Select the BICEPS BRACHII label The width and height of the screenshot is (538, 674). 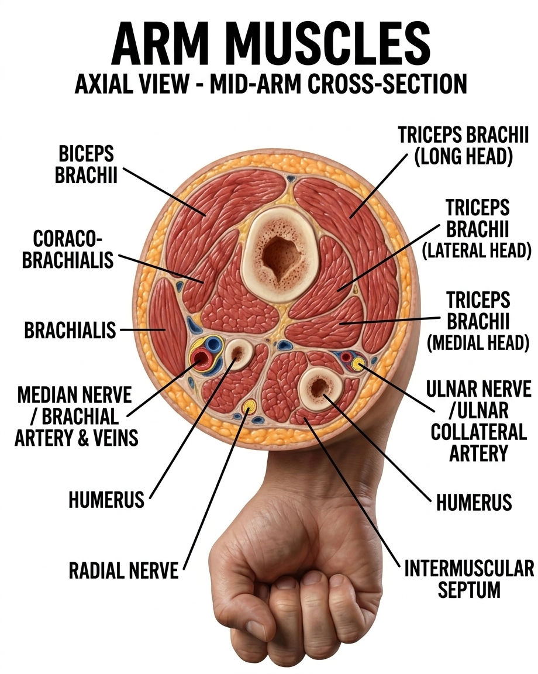(86, 164)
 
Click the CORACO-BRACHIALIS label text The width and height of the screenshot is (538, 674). (68, 249)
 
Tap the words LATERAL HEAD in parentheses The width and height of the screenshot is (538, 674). (477, 250)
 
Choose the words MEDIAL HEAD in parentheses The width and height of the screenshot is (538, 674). (478, 343)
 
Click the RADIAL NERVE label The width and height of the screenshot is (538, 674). (123, 571)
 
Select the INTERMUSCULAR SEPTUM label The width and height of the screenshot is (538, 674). (469, 579)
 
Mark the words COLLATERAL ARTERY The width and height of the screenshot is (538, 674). (478, 442)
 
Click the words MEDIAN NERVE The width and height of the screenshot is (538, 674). (74, 394)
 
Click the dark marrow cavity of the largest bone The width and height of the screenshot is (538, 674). (280, 256)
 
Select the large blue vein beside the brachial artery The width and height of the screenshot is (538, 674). (213, 344)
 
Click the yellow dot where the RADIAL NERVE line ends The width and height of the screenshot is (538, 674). (249, 405)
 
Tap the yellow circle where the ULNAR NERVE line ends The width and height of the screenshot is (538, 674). (357, 364)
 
